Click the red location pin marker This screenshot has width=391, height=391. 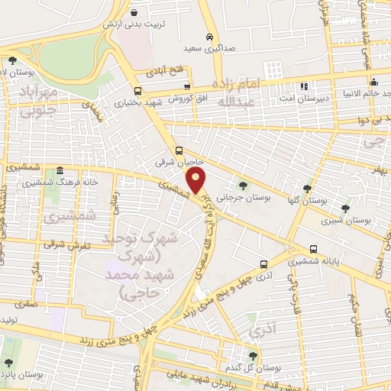(x=196, y=182)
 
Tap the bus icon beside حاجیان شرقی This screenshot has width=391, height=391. (x=179, y=150)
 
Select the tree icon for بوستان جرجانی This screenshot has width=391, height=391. (x=242, y=185)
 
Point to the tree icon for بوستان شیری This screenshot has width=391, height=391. (x=345, y=208)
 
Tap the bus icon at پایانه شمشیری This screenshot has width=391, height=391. (x=314, y=249)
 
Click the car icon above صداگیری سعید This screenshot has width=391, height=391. (x=209, y=36)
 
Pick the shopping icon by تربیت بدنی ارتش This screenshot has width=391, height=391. (x=134, y=13)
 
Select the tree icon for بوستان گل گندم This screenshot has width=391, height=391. (x=254, y=354)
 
